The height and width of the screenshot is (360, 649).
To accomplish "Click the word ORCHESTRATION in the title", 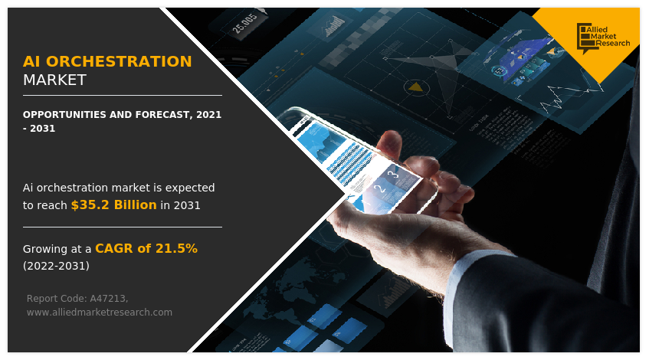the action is tap(119, 61).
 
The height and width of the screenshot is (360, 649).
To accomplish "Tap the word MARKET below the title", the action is tap(54, 80).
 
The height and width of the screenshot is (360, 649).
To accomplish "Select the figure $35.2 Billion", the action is tap(114, 205).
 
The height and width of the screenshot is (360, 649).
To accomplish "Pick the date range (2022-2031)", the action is tap(56, 266).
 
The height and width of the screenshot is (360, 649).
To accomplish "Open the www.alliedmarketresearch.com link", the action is tap(100, 313).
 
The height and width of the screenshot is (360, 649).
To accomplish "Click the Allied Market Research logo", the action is tap(603, 38).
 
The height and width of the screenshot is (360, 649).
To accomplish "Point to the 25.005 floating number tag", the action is tap(245, 24).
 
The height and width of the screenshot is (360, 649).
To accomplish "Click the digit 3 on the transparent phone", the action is tap(395, 174).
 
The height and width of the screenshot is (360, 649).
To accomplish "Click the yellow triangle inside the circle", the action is tap(415, 87).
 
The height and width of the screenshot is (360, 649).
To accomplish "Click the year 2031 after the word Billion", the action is tap(187, 205).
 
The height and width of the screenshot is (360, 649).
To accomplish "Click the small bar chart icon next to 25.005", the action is tap(334, 25).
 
